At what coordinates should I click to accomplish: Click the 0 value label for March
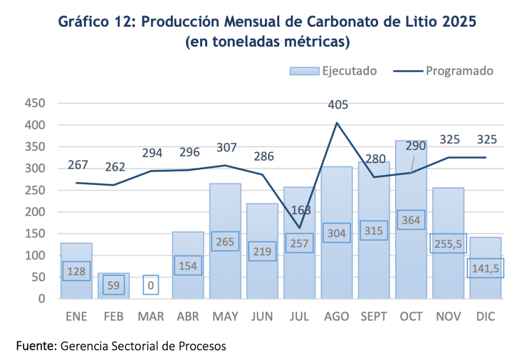(x=150, y=285)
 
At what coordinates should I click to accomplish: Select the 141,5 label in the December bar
(x=486, y=267)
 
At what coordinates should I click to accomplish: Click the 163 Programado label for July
(x=300, y=210)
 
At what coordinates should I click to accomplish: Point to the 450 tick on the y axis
(x=35, y=103)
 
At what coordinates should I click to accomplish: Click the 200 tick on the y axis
(x=35, y=212)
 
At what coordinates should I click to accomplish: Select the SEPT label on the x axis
(x=374, y=317)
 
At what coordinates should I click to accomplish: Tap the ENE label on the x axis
(x=76, y=317)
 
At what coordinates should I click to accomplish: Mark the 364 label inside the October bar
(x=411, y=220)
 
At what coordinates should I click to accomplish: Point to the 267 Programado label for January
(x=78, y=165)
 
